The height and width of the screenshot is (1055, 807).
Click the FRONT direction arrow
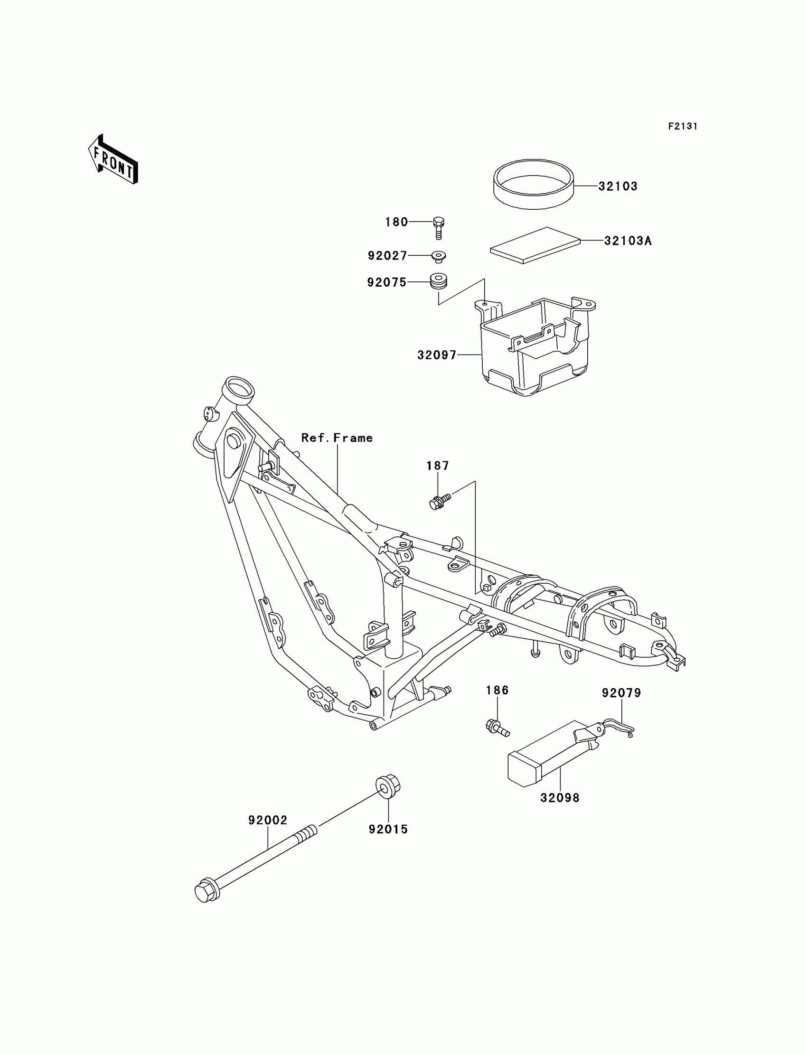point(113,160)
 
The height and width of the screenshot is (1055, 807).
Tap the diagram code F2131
point(683,126)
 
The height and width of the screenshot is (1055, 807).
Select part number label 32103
point(618,187)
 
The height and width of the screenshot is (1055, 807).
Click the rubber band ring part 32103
point(533,185)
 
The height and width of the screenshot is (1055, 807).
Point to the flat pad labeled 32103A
point(535,245)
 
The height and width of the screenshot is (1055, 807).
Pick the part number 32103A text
point(628,241)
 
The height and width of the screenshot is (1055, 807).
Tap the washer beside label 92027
point(438,256)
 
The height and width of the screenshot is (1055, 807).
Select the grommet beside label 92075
point(438,282)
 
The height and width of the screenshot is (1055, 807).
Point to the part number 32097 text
point(437,355)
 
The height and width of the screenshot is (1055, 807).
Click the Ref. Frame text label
point(337,438)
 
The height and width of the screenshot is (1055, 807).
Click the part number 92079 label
point(621,693)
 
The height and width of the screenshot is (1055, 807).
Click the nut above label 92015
point(388,786)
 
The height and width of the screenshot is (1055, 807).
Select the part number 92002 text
point(268,820)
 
